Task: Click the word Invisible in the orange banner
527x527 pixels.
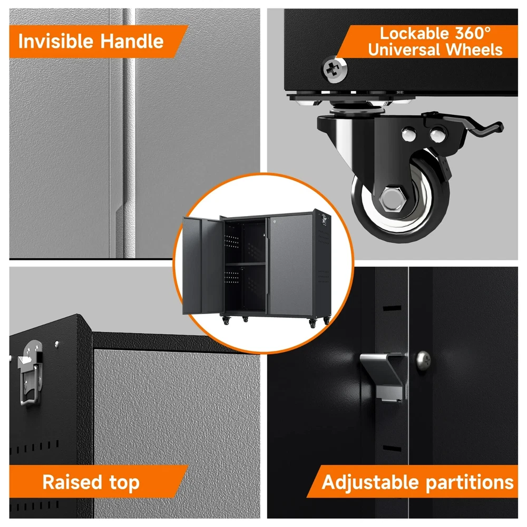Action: (55, 41)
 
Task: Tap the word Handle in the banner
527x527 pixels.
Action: (132, 41)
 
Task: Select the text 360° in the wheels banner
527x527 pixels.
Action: (473, 33)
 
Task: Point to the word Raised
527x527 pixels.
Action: (72, 482)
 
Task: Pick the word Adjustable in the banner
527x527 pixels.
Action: (370, 483)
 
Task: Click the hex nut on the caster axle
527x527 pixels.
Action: (392, 199)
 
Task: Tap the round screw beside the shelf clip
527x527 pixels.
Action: (424, 361)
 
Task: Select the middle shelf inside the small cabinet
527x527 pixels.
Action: (246, 264)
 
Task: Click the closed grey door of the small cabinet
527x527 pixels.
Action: (291, 266)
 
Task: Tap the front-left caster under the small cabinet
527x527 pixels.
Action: (226, 320)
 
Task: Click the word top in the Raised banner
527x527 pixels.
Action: (124, 483)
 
